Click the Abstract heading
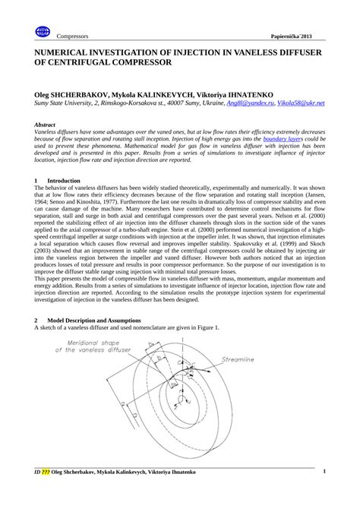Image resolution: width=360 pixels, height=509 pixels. pos(48,123)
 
